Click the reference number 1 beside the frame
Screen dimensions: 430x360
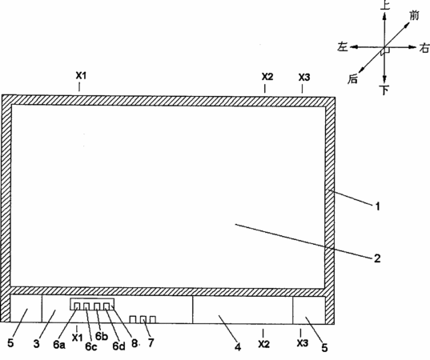(378, 206)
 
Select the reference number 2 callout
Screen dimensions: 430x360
(377, 258)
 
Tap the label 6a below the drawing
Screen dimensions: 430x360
(59, 345)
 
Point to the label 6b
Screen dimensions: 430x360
(102, 336)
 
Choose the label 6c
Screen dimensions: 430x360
(91, 346)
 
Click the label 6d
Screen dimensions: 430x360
(119, 346)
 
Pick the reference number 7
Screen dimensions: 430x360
(151, 342)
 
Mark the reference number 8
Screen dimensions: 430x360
(135, 343)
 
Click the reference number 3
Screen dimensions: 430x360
(37, 343)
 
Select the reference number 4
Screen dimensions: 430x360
(238, 347)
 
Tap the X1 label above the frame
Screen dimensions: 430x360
(81, 75)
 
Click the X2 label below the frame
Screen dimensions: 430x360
(263, 344)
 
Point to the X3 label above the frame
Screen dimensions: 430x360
(304, 78)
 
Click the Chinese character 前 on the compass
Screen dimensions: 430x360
(414, 16)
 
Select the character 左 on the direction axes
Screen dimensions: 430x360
(343, 46)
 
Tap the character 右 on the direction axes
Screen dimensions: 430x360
(424, 48)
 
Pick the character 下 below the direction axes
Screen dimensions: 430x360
(385, 90)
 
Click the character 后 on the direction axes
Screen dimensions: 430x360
(353, 79)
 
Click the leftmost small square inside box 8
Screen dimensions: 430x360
(77, 306)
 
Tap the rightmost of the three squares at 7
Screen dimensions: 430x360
(153, 319)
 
